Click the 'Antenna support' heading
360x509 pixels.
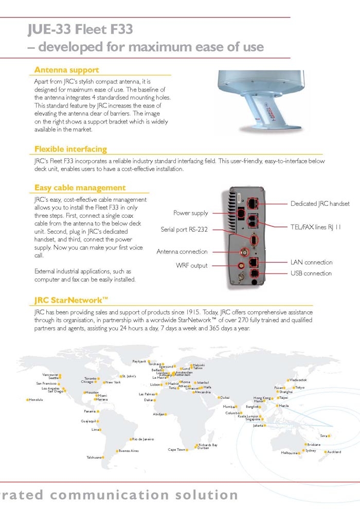click(66, 70)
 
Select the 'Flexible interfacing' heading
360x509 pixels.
click(70, 149)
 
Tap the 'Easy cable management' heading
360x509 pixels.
click(80, 188)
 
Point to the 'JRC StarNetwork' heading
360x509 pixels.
click(71, 300)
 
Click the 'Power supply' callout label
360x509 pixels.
click(191, 213)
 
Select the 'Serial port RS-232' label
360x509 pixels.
click(184, 230)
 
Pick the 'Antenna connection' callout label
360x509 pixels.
click(182, 252)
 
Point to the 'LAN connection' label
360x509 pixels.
click(311, 262)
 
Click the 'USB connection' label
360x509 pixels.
click(311, 273)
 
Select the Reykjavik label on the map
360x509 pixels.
click(139, 362)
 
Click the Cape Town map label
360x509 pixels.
click(176, 450)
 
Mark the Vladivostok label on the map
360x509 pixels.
click(298, 380)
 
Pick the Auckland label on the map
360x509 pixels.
click(334, 452)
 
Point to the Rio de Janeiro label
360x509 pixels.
click(143, 439)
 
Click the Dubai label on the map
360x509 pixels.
click(225, 397)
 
